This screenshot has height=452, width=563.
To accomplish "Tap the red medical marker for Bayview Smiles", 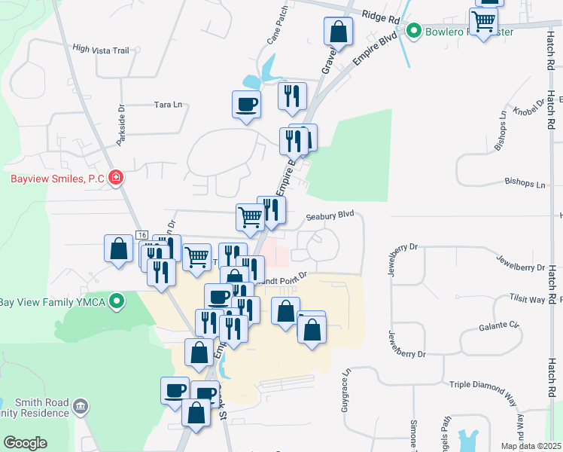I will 116,179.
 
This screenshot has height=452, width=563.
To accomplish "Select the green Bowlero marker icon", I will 413,31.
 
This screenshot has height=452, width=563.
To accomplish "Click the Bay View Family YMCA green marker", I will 116,302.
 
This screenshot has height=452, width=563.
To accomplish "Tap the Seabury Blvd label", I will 330,215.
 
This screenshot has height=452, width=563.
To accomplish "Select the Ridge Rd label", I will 381,17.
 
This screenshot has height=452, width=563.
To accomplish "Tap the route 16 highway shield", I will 141,236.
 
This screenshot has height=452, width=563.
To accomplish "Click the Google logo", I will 25,443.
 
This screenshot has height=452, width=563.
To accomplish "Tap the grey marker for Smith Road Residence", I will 81,408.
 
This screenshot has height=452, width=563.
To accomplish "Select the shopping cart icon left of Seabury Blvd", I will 251,217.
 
